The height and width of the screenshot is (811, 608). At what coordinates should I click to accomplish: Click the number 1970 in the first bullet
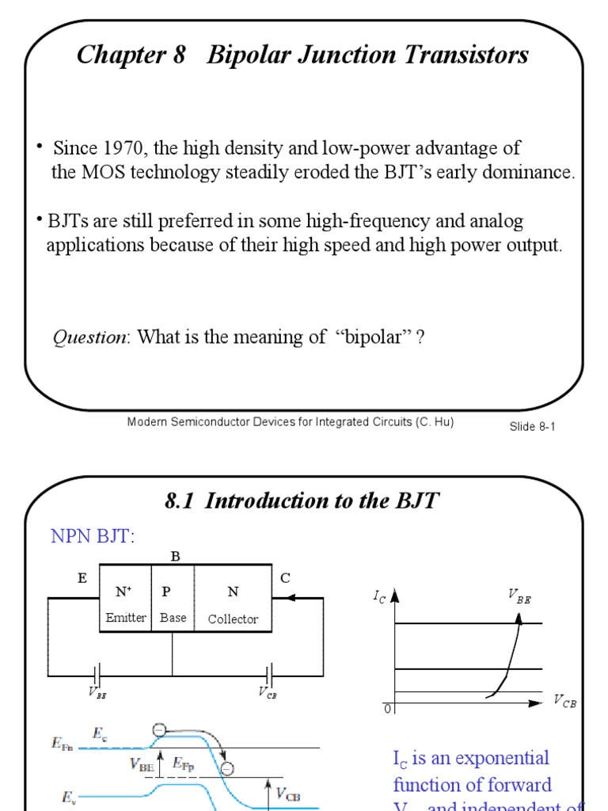coord(123,148)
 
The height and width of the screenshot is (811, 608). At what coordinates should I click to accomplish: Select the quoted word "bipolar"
coord(374,337)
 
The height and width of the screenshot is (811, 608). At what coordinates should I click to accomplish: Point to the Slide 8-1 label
coord(533,426)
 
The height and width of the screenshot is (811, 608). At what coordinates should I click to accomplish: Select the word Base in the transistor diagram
coord(173,618)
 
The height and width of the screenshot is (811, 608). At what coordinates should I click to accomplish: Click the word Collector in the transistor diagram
coord(233,619)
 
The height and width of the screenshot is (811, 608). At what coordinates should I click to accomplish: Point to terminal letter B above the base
coord(176,557)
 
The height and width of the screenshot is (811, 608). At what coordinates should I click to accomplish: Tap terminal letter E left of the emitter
coord(82,578)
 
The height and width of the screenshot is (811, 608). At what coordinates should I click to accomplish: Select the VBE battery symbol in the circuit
coord(97,676)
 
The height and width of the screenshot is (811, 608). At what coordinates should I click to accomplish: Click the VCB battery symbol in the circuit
coord(269,676)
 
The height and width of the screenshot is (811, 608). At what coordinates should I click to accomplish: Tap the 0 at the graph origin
coord(387,709)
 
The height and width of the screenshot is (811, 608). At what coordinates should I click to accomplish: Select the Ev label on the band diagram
coord(69,798)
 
